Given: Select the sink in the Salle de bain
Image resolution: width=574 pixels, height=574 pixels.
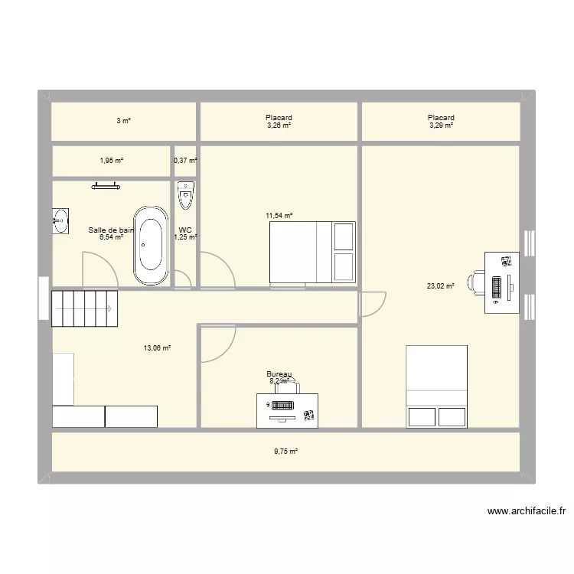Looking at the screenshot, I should coord(60,220).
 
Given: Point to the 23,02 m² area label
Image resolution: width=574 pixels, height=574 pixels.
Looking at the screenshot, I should coord(440,286).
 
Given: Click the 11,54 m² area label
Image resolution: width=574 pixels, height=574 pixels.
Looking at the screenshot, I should coord(279,216).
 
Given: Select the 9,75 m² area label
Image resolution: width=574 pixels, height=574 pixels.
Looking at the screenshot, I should coord(285,452).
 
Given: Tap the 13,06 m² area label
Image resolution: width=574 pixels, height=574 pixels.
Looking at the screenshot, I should coord(157,347).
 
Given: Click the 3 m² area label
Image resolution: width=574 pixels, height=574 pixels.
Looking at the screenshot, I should coord(123,121).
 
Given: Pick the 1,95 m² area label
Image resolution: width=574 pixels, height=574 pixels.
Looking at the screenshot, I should coord(111,161).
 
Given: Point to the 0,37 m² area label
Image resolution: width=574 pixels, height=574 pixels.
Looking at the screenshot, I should coord(185,161).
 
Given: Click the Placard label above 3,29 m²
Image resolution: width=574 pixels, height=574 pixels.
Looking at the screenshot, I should coord(441,118).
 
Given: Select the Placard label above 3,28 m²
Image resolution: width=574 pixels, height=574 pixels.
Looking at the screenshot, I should coord(279,118).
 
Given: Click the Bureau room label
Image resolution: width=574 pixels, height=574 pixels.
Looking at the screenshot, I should coord(279,374).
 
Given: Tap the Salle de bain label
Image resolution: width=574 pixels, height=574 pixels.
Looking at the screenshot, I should coord(111,230).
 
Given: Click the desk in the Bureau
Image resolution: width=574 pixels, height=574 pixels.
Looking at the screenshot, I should coord(287,409).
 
